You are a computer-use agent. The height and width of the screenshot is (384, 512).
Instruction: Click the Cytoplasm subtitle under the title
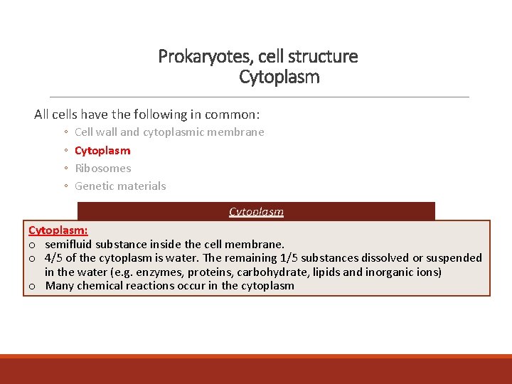coord(279,77)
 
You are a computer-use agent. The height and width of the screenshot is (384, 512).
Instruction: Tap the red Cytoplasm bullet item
coord(102,150)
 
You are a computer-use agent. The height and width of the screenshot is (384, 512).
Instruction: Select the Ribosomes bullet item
coord(103,168)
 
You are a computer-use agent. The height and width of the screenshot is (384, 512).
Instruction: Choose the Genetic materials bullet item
coord(120,186)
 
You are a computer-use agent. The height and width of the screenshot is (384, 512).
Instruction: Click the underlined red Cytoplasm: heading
coord(58,230)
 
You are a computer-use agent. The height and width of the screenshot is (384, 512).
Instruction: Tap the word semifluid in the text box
coord(68,244)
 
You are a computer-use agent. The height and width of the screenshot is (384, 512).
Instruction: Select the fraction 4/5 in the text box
coord(53,257)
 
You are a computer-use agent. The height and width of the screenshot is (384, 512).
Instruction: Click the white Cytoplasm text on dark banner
coord(256,211)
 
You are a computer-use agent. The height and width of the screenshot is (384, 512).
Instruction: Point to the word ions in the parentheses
coord(427,272)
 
